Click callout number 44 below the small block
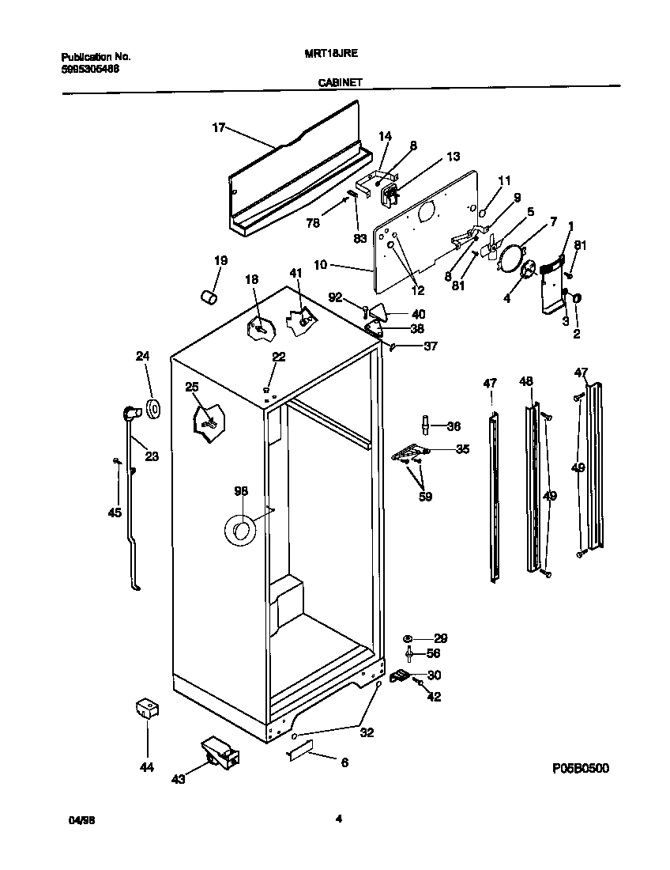click(x=147, y=767)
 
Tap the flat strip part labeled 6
click(x=299, y=750)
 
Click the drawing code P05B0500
click(x=580, y=768)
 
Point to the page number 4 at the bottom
click(x=338, y=819)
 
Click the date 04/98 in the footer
click(x=72, y=820)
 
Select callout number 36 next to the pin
click(x=454, y=426)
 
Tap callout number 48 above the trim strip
click(x=526, y=381)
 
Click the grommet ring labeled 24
click(x=152, y=409)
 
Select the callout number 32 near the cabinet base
click(x=367, y=732)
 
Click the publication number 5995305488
click(x=91, y=69)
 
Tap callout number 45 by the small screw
click(x=115, y=513)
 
